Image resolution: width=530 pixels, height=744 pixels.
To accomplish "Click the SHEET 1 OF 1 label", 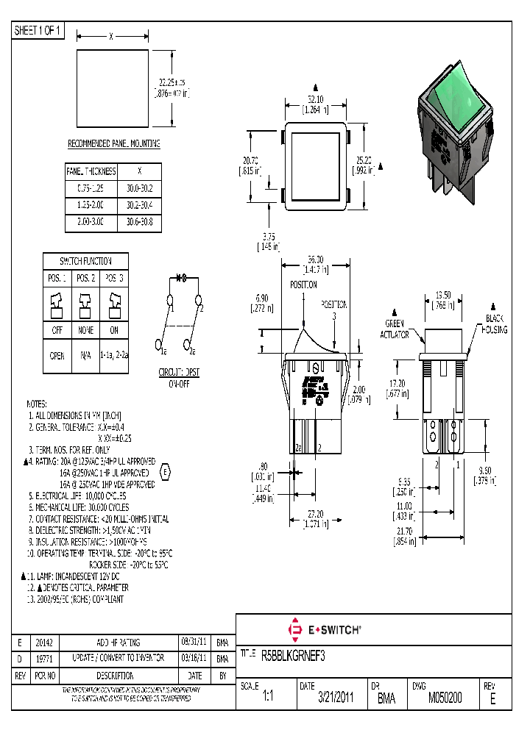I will (x=38, y=30).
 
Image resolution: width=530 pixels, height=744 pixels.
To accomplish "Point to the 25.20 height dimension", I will (x=364, y=159).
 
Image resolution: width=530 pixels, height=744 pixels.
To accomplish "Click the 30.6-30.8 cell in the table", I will (x=139, y=221).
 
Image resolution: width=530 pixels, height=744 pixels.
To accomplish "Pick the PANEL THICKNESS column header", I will (x=91, y=171).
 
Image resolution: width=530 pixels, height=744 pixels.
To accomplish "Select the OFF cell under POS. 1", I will (x=57, y=331).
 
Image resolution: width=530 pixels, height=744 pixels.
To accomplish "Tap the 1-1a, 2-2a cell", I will (x=113, y=355).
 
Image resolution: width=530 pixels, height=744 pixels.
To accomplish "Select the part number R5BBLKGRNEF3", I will (x=293, y=654).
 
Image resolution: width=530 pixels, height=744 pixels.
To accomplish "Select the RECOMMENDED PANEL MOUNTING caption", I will (x=114, y=143).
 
